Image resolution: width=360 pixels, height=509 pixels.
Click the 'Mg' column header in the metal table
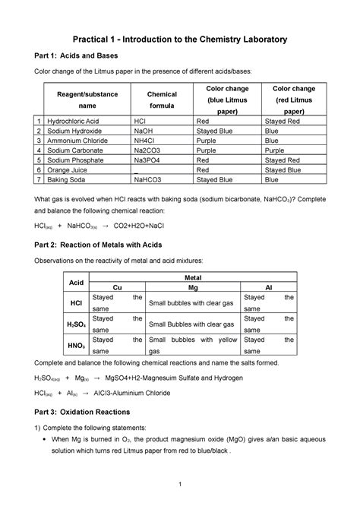(191, 289)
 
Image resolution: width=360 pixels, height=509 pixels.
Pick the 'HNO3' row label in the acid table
(76, 346)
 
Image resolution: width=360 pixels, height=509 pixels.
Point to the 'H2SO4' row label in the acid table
(76, 324)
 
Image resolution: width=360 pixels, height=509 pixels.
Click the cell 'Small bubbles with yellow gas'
(191, 346)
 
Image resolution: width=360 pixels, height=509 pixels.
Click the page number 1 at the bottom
(180, 486)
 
